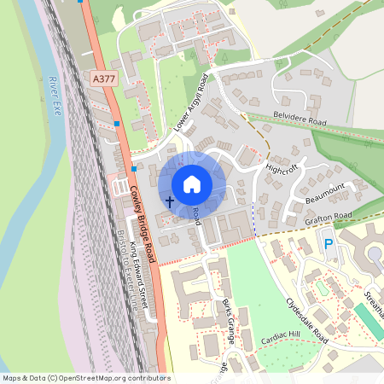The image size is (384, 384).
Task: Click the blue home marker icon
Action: click(x=192, y=183)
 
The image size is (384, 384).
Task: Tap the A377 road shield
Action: click(x=103, y=79)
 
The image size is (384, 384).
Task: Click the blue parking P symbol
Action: click(x=329, y=245)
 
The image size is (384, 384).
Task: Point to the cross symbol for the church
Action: click(x=169, y=202)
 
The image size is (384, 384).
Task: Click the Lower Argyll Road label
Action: click(x=191, y=102)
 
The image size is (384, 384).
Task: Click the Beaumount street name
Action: click(x=324, y=195)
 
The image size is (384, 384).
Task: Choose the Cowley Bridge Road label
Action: click(x=142, y=218)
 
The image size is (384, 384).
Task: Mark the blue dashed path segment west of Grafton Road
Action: click(x=253, y=214)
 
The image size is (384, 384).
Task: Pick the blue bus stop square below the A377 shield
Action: click(x=117, y=123)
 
